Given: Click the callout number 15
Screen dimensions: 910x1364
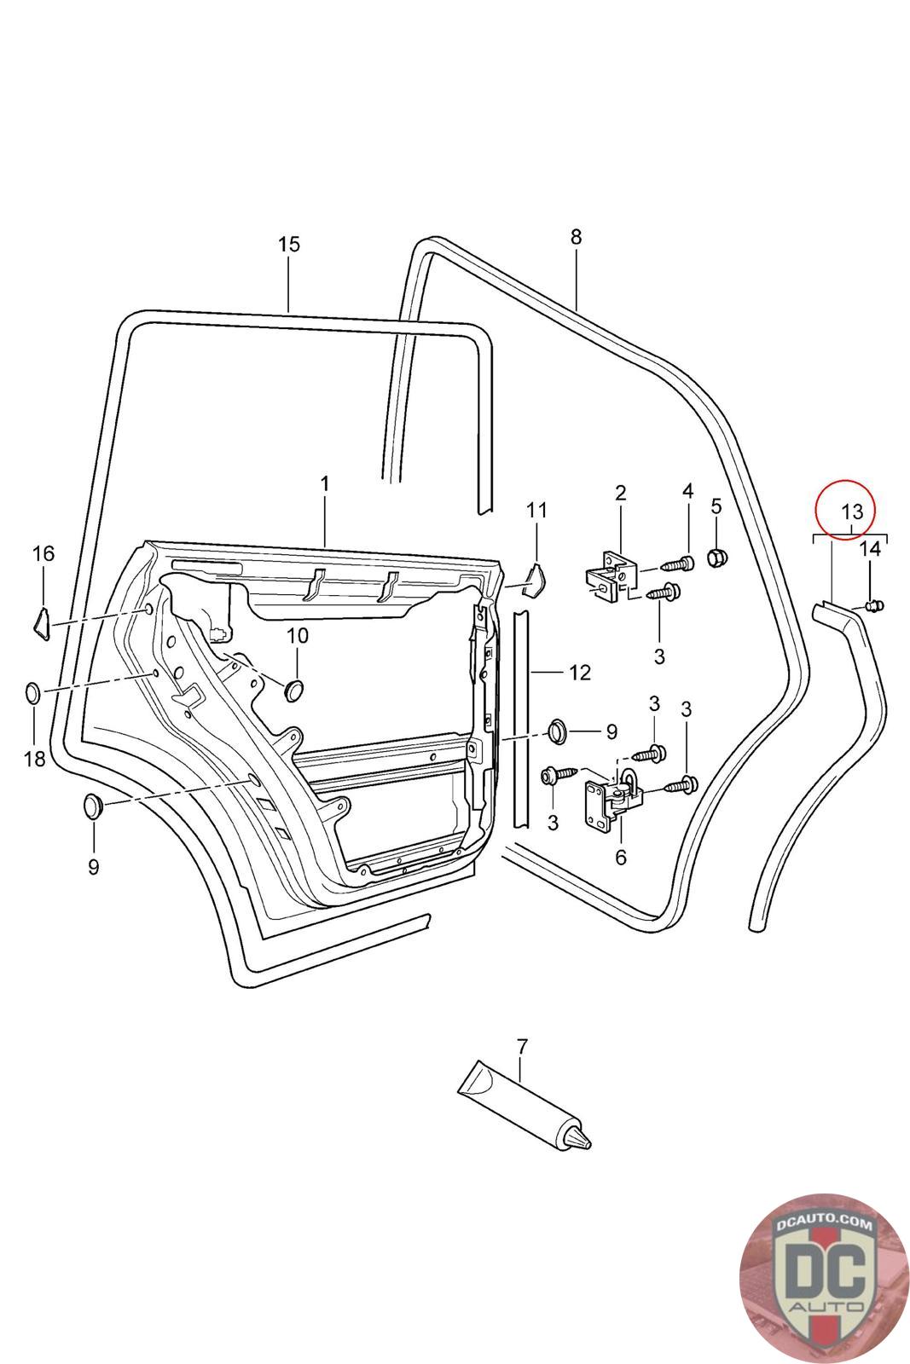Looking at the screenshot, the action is [x=289, y=244].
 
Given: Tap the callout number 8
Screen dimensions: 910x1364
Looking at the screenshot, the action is [x=577, y=237].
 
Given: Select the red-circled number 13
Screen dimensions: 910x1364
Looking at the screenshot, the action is [x=852, y=511].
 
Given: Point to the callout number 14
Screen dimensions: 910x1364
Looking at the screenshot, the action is [x=870, y=549].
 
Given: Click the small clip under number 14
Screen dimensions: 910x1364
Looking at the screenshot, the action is [x=875, y=605].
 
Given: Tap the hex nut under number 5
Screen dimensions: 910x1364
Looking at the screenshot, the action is [x=717, y=557].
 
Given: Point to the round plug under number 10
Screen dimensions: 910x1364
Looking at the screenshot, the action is [x=295, y=690].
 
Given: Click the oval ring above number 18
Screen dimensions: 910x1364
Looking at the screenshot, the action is [x=33, y=692].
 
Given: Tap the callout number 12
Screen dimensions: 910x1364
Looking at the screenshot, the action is [x=580, y=673].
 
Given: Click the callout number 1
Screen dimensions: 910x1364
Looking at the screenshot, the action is [x=325, y=484].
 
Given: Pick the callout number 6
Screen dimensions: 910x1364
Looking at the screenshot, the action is [x=621, y=858].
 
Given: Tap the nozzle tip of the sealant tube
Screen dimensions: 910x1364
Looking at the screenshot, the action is [x=588, y=1143].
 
